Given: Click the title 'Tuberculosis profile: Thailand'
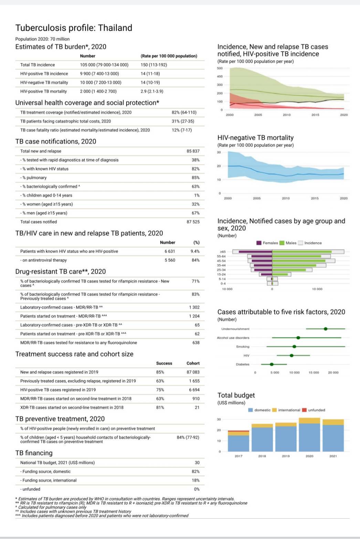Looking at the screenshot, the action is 74,28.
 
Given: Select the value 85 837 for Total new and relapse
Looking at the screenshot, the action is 193,151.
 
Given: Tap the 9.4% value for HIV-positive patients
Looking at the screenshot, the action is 195,251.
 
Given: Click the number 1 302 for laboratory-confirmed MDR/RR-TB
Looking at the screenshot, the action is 194,307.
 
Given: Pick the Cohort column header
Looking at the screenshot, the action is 193,363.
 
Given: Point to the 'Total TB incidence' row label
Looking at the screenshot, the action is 38,65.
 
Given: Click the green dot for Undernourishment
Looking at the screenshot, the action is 326,329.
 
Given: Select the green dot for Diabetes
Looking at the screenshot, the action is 272,364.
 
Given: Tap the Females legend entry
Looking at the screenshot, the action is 267,243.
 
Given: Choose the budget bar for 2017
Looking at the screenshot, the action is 239,441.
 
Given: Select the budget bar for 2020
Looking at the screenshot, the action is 309,435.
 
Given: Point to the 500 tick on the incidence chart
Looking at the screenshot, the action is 220,68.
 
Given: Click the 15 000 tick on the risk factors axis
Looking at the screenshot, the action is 314,373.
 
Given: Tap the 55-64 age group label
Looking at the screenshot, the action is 221,256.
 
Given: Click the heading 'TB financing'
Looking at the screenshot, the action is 34,453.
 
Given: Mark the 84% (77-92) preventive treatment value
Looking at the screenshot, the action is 188,437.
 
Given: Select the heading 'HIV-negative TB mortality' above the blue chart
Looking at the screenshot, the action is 255,138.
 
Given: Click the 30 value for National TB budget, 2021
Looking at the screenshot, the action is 197,463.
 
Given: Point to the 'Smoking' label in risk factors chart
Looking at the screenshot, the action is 243,346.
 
